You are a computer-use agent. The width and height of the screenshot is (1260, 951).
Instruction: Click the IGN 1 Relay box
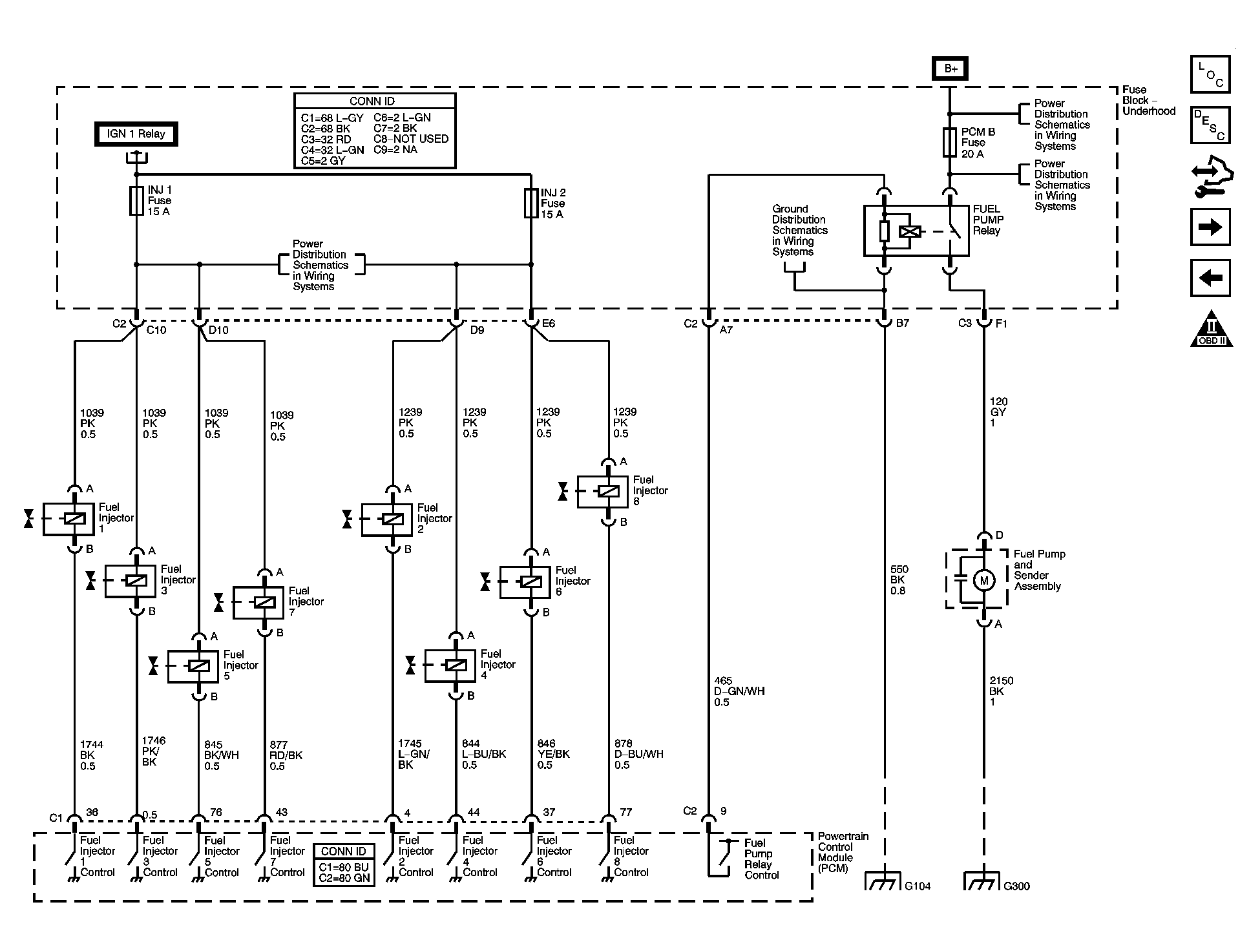coord(136,134)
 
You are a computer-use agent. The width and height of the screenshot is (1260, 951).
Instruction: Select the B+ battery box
coord(949,68)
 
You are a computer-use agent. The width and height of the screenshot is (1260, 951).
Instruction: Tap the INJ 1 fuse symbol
coord(136,201)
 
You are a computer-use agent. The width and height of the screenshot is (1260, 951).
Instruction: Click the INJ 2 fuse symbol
coord(531,203)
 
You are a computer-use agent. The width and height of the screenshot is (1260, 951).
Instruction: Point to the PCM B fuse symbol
coord(949,143)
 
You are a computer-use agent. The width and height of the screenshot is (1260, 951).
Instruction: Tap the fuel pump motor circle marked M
coord(984,580)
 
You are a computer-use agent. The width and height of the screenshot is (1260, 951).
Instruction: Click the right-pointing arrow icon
coord(1210,227)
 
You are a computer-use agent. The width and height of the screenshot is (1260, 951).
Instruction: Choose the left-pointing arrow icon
coord(1210,278)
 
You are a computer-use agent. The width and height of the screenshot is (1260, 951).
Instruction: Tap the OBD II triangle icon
coord(1212,331)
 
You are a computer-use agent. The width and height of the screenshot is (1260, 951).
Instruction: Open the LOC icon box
coord(1210,74)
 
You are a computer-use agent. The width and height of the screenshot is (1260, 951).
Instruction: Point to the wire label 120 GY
coord(998,412)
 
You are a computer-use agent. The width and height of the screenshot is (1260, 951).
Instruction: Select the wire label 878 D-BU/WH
coord(638,754)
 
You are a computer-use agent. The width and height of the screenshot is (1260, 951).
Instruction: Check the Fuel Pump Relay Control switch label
coord(761,859)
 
